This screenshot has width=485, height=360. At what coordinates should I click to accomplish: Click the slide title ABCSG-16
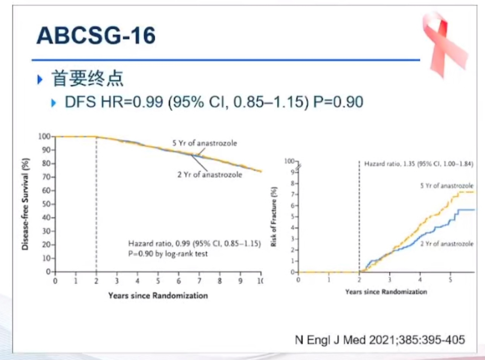click(96, 36)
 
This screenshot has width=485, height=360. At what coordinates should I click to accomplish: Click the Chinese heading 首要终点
click(88, 79)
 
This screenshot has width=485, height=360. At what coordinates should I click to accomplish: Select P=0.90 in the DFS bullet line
click(338, 102)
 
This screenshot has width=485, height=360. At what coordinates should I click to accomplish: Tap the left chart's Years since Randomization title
click(158, 295)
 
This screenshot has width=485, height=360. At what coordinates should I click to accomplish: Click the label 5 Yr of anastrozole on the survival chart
click(204, 144)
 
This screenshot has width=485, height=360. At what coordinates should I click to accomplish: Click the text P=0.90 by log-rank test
click(168, 253)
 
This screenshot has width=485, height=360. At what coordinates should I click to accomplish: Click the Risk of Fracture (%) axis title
click(274, 217)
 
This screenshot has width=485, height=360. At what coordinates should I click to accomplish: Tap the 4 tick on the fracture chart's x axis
click(420, 279)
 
